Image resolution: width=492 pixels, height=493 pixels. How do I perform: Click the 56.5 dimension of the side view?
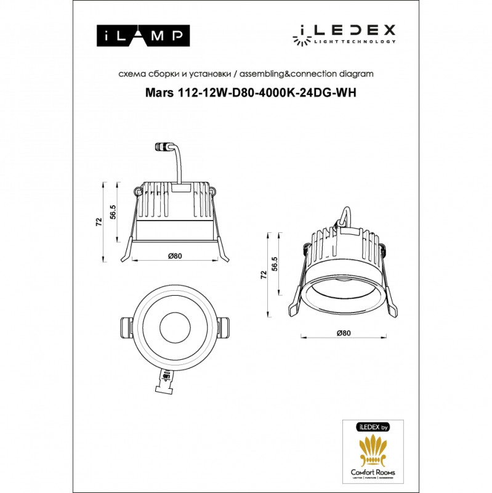(x=113, y=211)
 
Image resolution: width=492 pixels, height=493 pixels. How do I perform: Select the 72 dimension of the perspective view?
(x=264, y=274)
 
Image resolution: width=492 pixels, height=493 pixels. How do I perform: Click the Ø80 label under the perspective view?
(x=344, y=333)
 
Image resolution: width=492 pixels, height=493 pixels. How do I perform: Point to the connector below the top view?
(x=166, y=382)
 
